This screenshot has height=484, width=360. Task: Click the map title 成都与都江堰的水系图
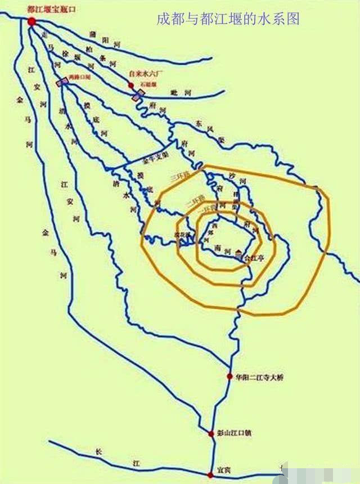228,20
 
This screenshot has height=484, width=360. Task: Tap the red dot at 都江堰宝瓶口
31,21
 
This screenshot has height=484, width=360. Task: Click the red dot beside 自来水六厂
131,86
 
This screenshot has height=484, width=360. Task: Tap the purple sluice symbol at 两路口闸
62,82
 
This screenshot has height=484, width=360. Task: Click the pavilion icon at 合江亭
240,254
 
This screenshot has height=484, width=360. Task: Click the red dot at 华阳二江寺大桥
229,377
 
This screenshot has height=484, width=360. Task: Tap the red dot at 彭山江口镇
211,434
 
